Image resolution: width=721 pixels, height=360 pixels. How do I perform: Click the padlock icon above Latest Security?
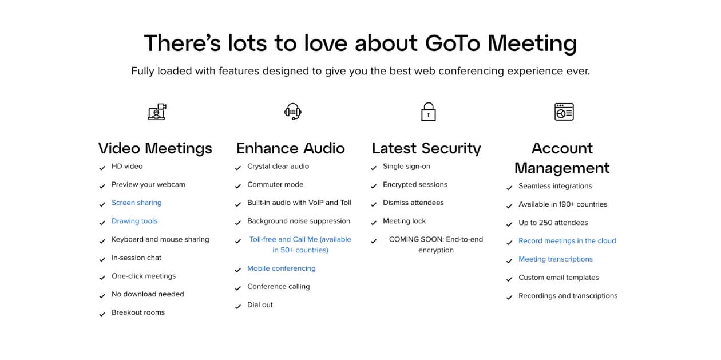point(428,112)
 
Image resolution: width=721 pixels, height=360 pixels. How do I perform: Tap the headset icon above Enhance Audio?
point(292,112)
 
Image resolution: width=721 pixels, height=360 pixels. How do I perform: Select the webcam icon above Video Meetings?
point(157,112)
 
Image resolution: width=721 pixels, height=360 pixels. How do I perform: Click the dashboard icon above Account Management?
point(564,112)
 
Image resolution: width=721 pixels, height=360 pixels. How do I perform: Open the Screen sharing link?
point(136,203)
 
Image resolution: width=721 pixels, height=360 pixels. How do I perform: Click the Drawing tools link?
point(134,221)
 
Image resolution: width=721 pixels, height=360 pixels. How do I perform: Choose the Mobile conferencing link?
point(282,268)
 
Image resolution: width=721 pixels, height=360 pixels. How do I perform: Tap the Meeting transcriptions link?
point(556,259)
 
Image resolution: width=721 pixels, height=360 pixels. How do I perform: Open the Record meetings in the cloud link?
point(567,241)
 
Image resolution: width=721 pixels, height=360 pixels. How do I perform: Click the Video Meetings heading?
point(155,148)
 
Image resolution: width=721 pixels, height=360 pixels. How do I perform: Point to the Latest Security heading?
point(426,148)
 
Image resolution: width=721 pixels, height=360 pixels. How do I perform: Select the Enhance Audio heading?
point(291,148)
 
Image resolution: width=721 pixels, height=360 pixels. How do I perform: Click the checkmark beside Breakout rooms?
point(102,314)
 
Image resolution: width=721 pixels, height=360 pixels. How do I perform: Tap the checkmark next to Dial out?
point(238,307)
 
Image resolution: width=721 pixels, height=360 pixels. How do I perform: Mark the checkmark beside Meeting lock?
point(373,223)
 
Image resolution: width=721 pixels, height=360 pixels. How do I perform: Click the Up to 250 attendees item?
point(553,223)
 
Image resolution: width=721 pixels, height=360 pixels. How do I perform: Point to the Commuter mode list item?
point(275,185)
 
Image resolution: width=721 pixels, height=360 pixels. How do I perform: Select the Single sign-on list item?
point(406,167)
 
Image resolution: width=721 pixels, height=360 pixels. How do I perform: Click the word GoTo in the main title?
point(453,43)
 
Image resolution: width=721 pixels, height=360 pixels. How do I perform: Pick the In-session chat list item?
point(136,258)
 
